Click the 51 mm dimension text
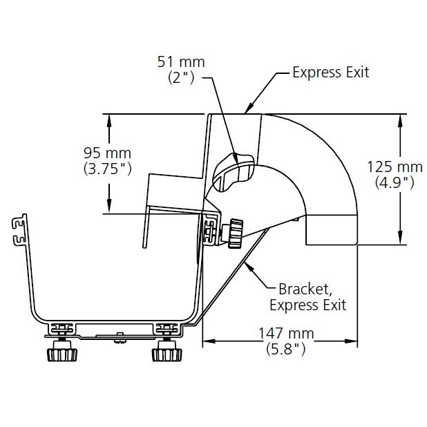pyautogui.click(x=181, y=61)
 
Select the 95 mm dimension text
pyautogui.click(x=107, y=153)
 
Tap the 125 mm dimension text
pyautogui.click(x=395, y=167)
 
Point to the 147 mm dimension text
pyautogui.click(x=286, y=333)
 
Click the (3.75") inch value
pyautogui.click(x=108, y=169)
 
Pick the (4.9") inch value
pyautogui.click(x=395, y=182)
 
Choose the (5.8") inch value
pyautogui.click(x=286, y=349)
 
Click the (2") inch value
pyautogui.click(x=181, y=77)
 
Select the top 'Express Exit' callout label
pyautogui.click(x=331, y=73)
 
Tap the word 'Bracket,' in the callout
pyautogui.click(x=305, y=290)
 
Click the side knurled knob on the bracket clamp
pyautogui.click(x=236, y=233)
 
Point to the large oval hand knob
pyautogui.click(x=234, y=172)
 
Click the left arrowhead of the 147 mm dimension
pyautogui.click(x=209, y=341)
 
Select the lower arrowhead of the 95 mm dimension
pyautogui.click(x=109, y=206)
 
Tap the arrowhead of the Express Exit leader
pyautogui.click(x=249, y=108)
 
